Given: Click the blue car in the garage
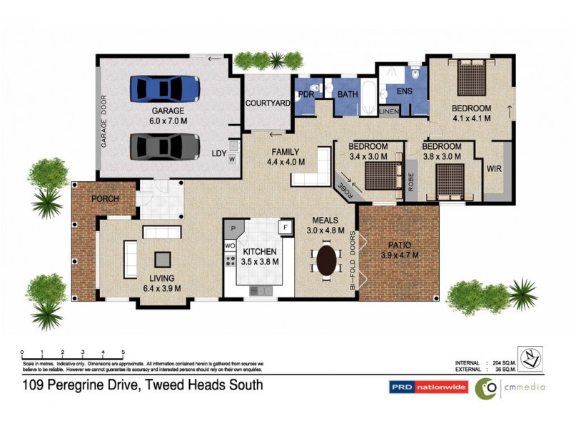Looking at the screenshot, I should coord(165,89).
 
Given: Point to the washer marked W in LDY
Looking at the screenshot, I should coord(232,160).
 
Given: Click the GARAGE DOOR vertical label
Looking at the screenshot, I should coord(103,121).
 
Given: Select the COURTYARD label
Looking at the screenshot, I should coord(268,103).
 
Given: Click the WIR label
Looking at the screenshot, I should coord(493,169).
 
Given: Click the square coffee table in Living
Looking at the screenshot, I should coord(163,259).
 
